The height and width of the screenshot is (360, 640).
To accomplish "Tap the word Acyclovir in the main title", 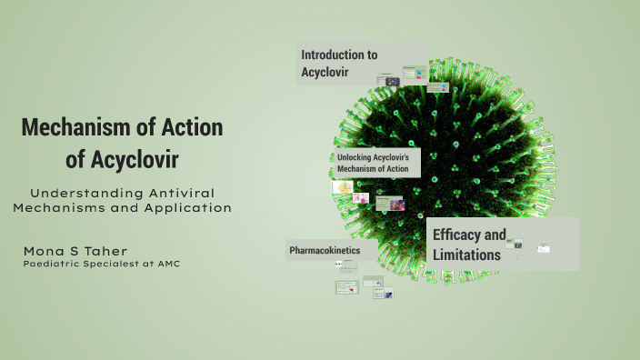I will [x=135, y=159].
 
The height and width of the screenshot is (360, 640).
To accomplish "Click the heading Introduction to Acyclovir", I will [x=339, y=63].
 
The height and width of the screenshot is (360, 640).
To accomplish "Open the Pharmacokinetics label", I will [x=325, y=249].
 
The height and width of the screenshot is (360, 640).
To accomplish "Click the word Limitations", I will [x=466, y=255].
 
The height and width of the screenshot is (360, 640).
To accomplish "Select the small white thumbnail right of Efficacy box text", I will [x=544, y=247].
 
